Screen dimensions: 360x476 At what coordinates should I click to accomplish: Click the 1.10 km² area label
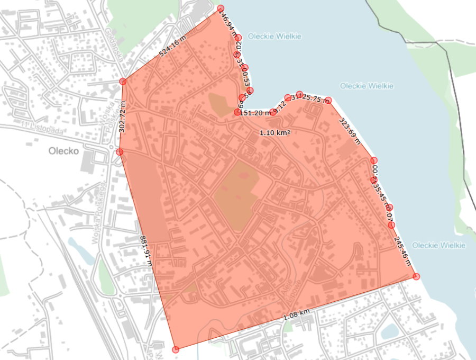click(x=274, y=133)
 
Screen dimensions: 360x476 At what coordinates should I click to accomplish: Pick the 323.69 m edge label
click(x=349, y=130)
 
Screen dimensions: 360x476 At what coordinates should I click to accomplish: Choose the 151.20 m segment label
click(x=255, y=113)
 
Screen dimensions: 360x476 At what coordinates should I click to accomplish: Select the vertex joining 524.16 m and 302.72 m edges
click(x=123, y=82)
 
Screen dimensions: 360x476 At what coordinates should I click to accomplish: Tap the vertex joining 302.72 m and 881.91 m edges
click(x=120, y=152)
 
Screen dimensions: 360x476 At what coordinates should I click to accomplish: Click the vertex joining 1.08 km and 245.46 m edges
click(x=416, y=276)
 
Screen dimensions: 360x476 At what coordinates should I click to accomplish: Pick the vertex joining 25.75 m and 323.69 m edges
click(x=328, y=100)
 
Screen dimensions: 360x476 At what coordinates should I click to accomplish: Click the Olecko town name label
click(x=63, y=150)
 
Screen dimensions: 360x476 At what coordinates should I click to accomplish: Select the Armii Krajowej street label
click(x=191, y=124)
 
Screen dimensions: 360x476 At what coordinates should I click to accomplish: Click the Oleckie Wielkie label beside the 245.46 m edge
click(x=438, y=246)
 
